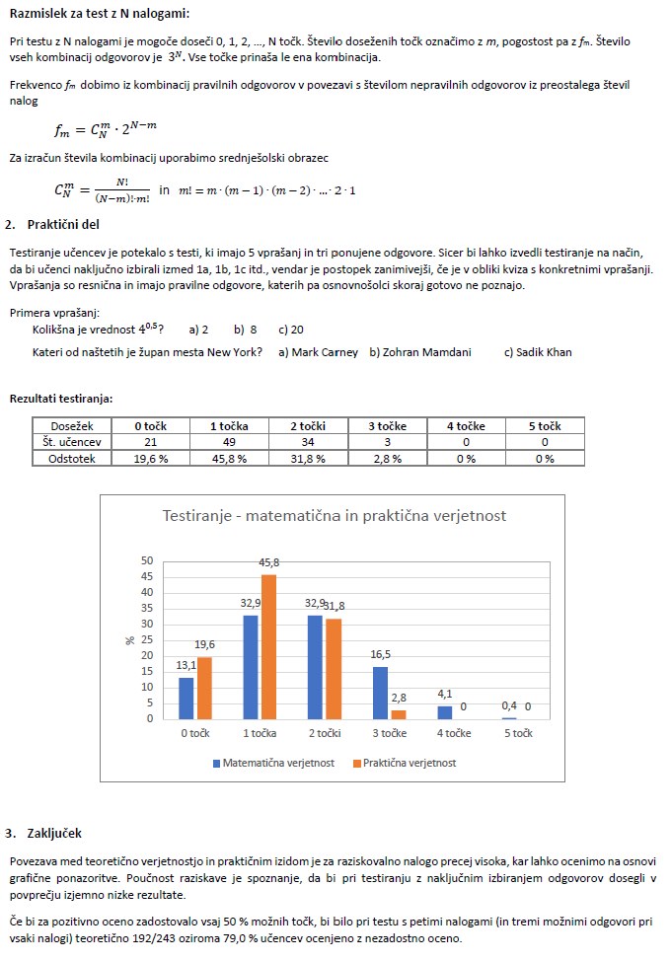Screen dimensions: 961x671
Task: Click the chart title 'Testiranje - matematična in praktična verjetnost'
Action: pos(334,516)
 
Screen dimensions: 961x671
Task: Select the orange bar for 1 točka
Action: pos(268,646)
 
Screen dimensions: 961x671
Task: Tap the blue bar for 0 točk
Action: pos(186,698)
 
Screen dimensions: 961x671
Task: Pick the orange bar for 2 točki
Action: pos(334,669)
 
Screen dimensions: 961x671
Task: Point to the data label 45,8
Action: pos(268,562)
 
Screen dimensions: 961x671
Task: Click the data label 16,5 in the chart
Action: pos(379,654)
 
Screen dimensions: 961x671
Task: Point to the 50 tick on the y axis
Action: pos(147,560)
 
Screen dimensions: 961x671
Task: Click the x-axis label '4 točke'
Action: pos(454,733)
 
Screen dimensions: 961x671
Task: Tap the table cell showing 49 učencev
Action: pos(228,442)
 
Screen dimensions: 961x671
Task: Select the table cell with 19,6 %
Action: pos(151,458)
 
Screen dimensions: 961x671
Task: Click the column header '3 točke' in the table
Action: pos(387,426)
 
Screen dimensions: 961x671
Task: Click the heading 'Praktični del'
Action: pos(64,224)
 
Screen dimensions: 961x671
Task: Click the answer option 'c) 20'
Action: pos(292,330)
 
